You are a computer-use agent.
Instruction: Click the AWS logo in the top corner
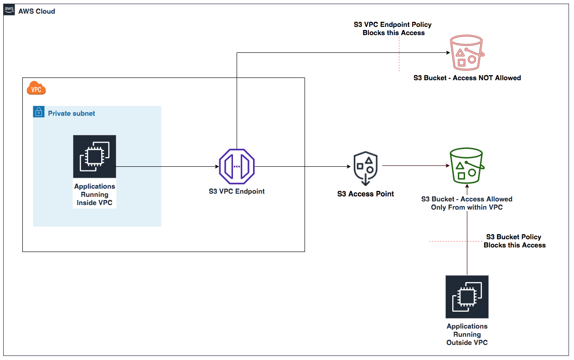9,10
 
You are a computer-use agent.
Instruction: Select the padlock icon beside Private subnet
39,112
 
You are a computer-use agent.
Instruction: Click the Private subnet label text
72,113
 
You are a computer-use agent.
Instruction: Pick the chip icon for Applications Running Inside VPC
94,156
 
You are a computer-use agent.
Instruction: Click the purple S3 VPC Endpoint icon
237,166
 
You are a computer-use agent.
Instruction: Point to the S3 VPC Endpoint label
237,191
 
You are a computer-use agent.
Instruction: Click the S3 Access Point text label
366,194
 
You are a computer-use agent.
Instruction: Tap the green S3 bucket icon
466,166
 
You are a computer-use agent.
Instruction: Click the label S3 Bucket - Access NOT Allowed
467,78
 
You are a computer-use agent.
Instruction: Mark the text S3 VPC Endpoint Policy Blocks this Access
393,29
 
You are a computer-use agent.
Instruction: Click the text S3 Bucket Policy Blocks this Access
514,241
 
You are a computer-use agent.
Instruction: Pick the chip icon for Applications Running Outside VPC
467,296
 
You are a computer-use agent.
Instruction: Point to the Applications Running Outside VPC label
467,334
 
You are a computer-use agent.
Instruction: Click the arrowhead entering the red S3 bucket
448,53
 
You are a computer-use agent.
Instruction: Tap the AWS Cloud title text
36,11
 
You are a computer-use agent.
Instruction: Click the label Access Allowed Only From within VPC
466,203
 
